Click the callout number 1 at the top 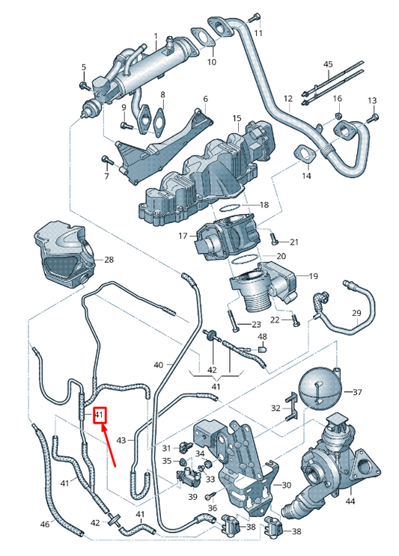[156, 37]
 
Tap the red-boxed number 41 [100, 415]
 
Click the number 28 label [109, 260]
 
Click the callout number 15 [237, 118]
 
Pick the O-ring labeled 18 [232, 205]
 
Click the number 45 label [328, 64]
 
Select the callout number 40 [158, 365]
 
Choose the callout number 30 [286, 486]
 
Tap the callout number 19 [313, 275]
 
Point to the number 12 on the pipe [287, 98]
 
